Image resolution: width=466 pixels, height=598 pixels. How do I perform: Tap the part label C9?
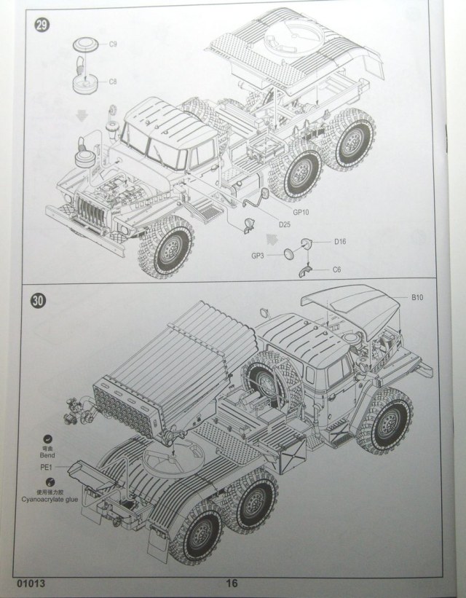coord(113,45)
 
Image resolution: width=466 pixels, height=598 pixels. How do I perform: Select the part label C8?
coord(113,82)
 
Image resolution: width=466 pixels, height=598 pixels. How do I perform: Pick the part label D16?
coord(340,241)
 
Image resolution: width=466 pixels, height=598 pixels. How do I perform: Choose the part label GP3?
coord(258,256)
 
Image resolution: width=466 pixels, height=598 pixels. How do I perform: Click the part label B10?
coord(416,298)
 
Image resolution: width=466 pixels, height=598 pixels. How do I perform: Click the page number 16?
coord(232,582)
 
